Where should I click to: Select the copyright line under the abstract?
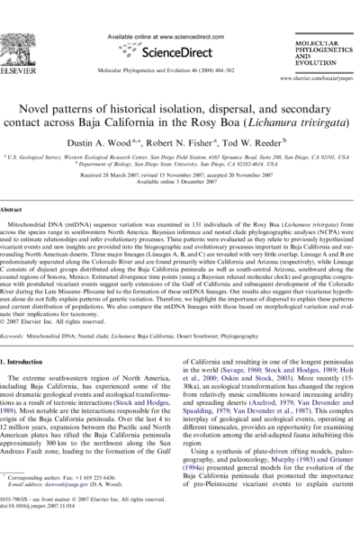click(65, 320)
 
